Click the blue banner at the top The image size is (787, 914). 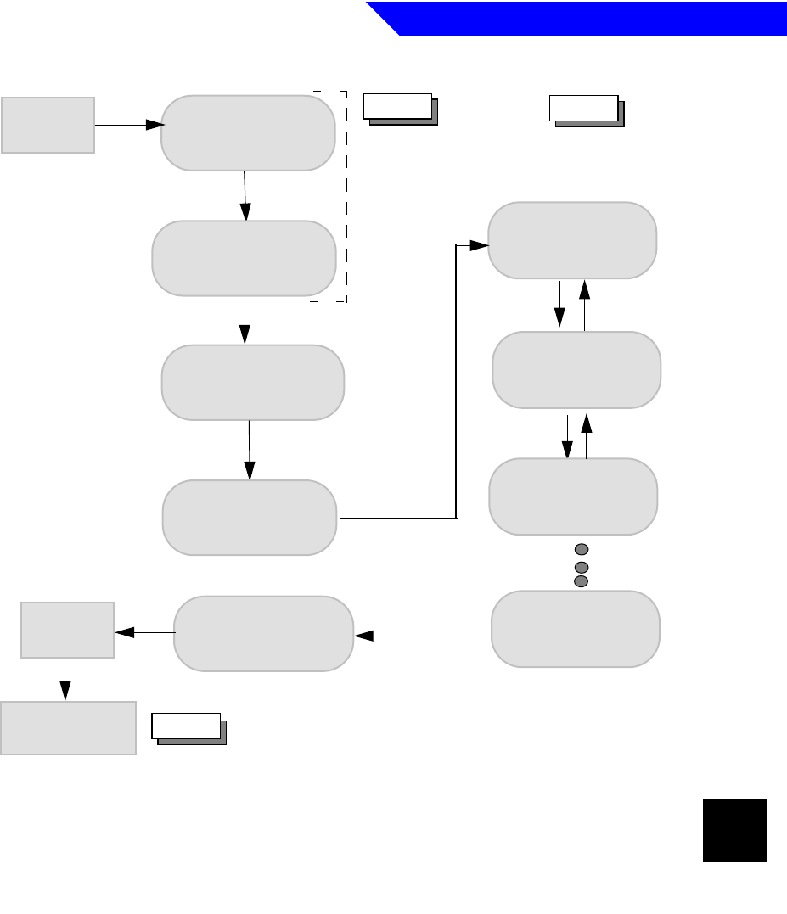pos(586,19)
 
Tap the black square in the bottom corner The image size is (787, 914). pos(734,831)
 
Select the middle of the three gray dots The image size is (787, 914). pos(582,565)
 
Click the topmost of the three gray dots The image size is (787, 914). pos(582,548)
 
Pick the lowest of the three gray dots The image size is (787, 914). pos(582,581)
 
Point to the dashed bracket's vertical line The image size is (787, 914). pos(346,195)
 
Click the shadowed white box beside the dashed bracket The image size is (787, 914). pos(399,108)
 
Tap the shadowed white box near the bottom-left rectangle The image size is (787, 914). pos(188,728)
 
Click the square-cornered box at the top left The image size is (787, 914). pos(48,125)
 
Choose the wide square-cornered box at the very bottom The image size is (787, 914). pos(68,727)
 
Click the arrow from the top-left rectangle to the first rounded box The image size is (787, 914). pos(128,125)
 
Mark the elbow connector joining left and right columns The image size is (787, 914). pos(457,382)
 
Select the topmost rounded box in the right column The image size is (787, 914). pos(571,240)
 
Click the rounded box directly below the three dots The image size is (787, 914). pos(576,629)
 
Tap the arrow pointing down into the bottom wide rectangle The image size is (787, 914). pos(65,680)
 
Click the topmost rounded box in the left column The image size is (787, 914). pos(248,133)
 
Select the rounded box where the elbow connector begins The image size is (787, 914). pos(250,518)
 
